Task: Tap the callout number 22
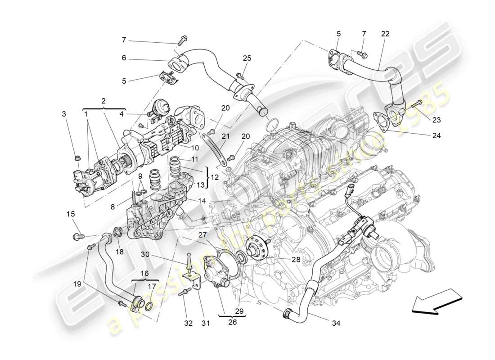(x=385, y=34)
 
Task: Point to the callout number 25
(x=247, y=58)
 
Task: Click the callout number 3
(x=64, y=114)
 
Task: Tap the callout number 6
(x=124, y=58)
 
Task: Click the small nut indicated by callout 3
(x=77, y=158)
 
